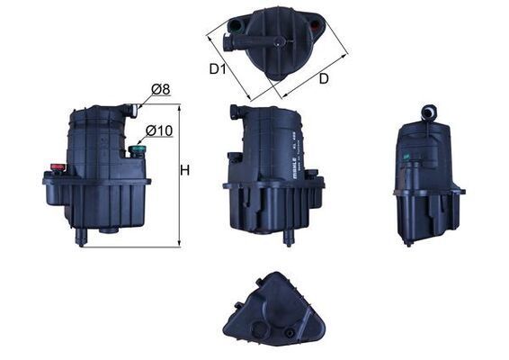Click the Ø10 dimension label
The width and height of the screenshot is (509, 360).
pyautogui.click(x=159, y=131)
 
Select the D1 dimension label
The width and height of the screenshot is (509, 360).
pyautogui.click(x=217, y=68)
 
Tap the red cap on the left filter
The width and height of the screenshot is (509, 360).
pyautogui.click(x=58, y=167)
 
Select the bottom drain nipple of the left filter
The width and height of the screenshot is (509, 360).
pyautogui.click(x=83, y=236)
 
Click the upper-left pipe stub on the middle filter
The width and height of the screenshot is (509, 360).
pyautogui.click(x=234, y=113)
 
